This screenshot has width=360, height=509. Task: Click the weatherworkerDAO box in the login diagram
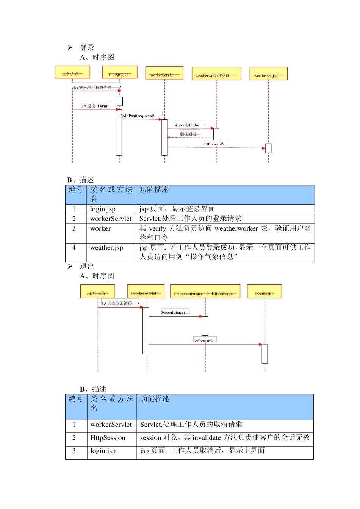(x=216, y=73)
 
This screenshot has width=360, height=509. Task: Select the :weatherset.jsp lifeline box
(x=268, y=73)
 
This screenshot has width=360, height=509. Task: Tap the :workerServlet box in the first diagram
(x=164, y=73)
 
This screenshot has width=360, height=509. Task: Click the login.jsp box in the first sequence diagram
(x=120, y=72)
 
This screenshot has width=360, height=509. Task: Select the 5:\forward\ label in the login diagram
(x=214, y=144)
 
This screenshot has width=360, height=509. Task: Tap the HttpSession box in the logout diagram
(x=205, y=291)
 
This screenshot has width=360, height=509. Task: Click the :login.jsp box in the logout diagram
(x=265, y=291)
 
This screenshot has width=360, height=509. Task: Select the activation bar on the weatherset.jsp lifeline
(x=268, y=148)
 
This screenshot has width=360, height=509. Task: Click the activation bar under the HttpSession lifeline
(x=205, y=326)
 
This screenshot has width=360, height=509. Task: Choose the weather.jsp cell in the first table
(x=106, y=248)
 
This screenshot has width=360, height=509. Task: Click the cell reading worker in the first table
(x=100, y=228)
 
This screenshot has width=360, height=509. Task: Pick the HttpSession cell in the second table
(x=108, y=438)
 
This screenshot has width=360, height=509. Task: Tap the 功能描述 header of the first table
(x=154, y=190)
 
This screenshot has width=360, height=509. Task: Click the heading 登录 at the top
(x=87, y=47)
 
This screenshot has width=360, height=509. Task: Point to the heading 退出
(x=87, y=266)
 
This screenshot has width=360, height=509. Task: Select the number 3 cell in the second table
(x=74, y=451)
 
